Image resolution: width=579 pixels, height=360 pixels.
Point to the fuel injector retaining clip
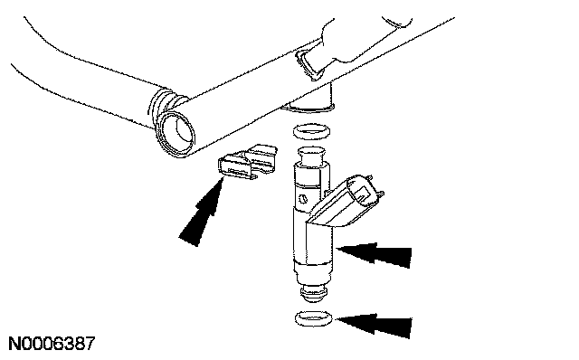click(x=247, y=163)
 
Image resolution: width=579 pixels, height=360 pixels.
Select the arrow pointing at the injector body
click(x=374, y=253)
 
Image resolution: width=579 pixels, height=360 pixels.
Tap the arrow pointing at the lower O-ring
click(x=374, y=325)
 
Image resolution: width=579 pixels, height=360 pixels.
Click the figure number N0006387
click(x=52, y=344)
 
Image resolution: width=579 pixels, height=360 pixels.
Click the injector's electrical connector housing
click(x=346, y=205)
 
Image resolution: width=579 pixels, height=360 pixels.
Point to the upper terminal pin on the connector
click(x=369, y=178)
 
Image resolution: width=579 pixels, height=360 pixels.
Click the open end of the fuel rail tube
click(x=175, y=134)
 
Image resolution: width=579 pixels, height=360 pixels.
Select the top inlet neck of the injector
click(x=311, y=156)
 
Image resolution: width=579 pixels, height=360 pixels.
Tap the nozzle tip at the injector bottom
click(x=313, y=292)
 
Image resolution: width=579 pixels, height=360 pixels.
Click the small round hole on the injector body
click(x=303, y=199)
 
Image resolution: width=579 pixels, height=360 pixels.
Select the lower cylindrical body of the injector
click(x=314, y=243)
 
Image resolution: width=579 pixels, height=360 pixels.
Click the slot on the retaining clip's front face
click(x=240, y=172)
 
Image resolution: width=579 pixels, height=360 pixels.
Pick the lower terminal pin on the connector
click(x=380, y=194)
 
